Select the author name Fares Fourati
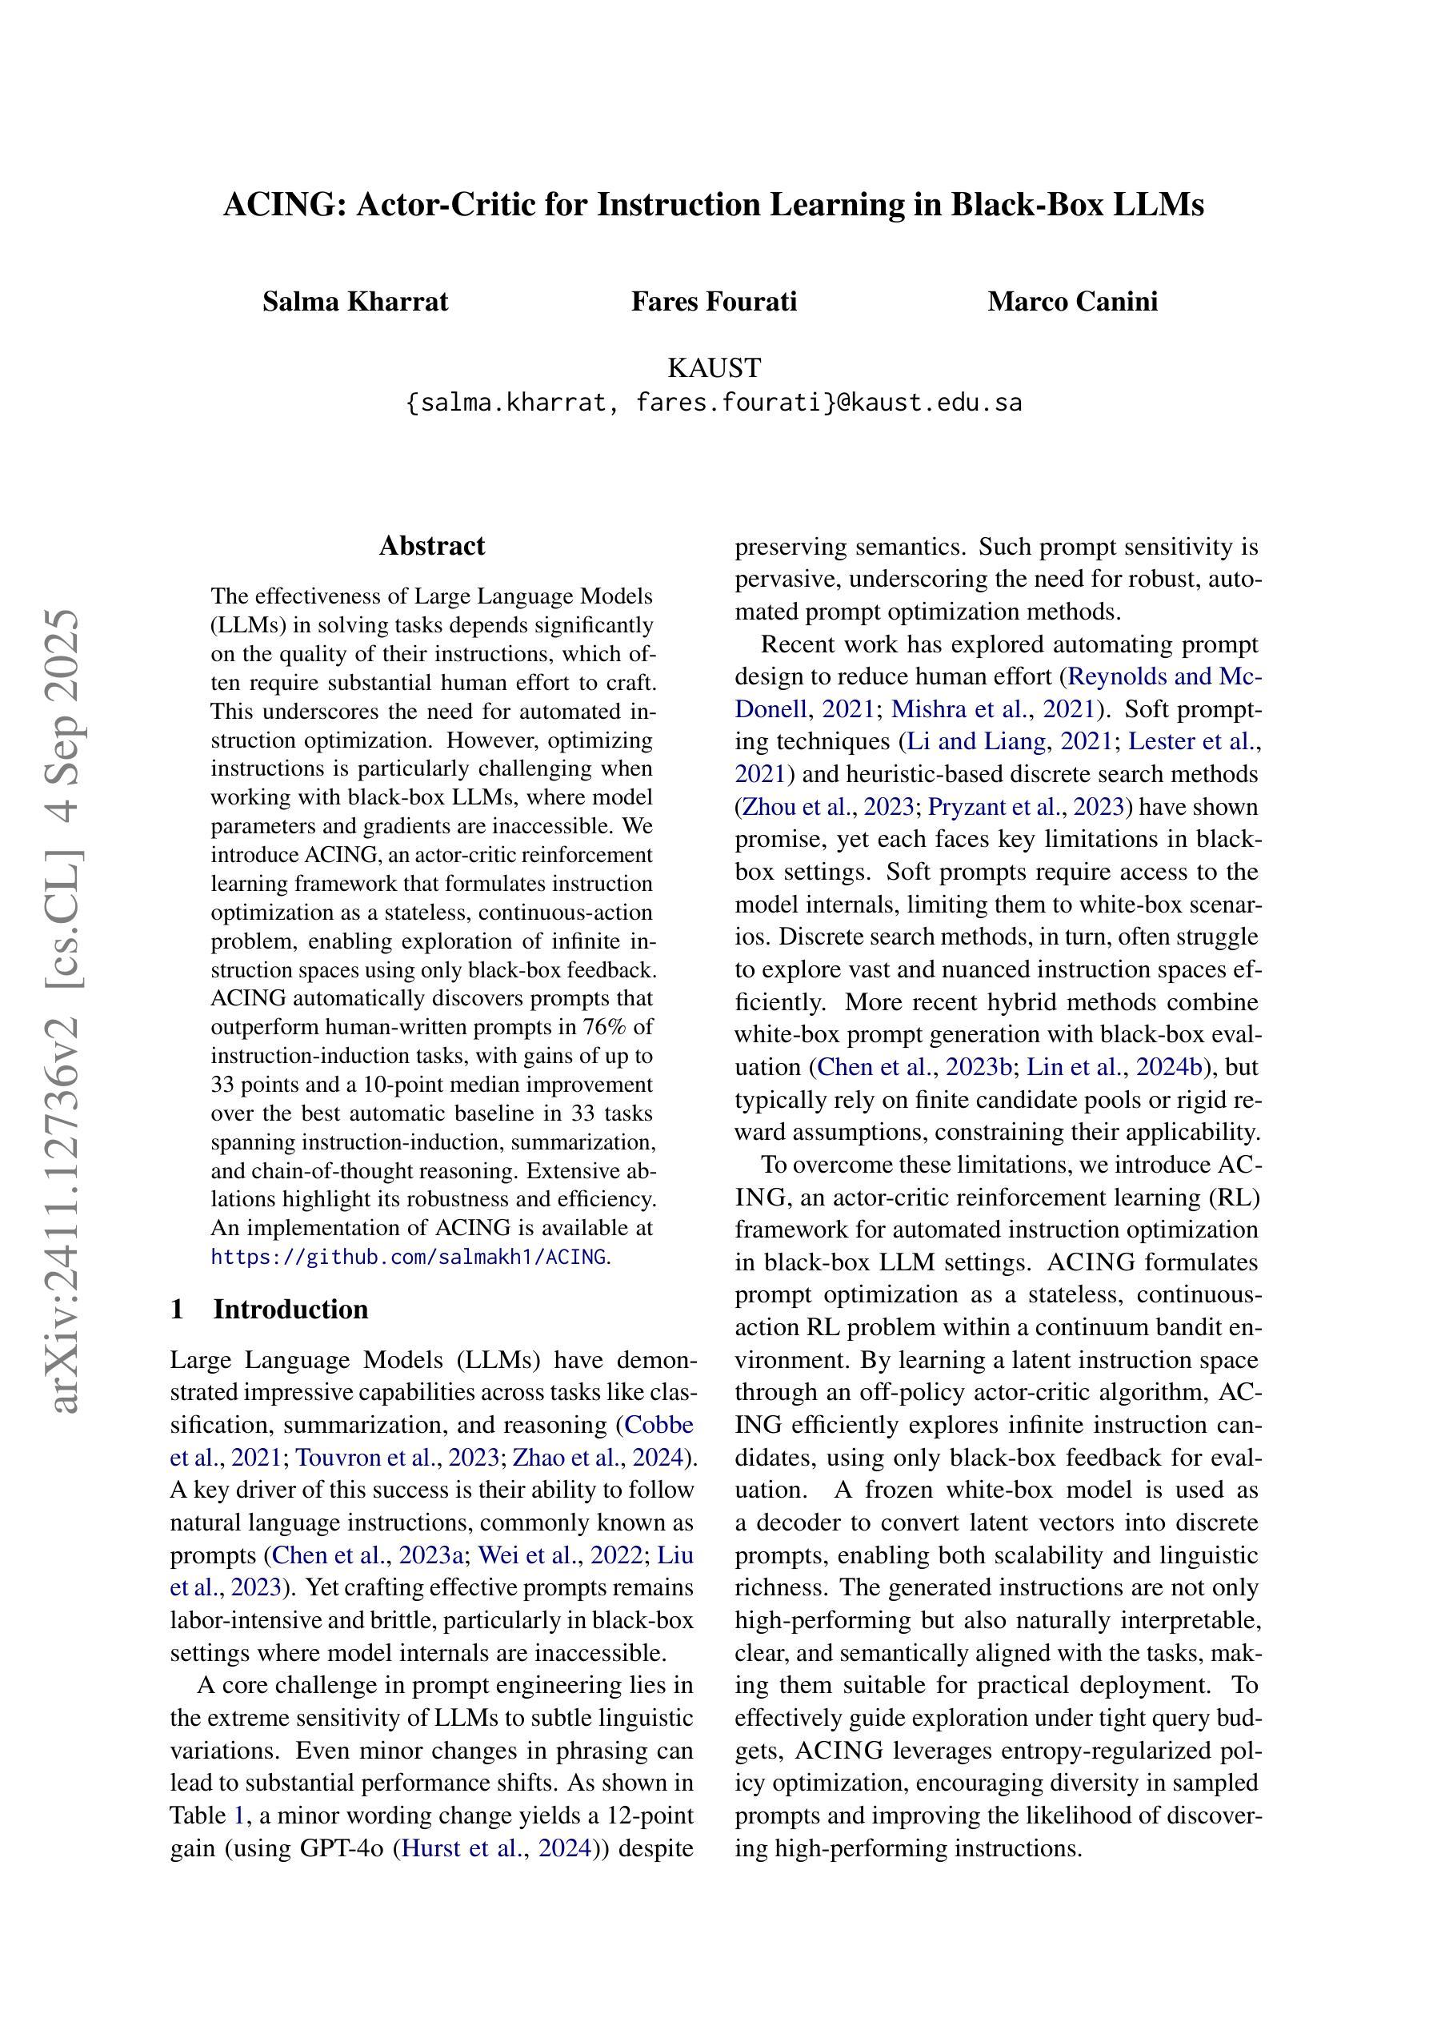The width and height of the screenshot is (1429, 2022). tap(713, 302)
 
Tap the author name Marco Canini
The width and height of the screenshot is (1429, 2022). tap(1071, 302)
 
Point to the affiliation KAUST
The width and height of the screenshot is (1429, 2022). tap(713, 367)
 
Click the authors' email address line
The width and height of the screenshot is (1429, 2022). tap(713, 403)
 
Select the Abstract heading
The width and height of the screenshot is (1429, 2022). tap(431, 546)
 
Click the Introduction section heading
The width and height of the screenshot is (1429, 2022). tap(290, 1310)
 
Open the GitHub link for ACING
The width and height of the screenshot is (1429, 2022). tap(409, 1257)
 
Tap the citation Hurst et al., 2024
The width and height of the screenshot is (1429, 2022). tap(494, 1847)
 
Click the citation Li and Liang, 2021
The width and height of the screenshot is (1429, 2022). tap(1008, 741)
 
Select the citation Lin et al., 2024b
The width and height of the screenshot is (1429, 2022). tap(1115, 1067)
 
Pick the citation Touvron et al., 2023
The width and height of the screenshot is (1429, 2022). tap(397, 1458)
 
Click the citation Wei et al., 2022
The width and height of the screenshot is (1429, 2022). tap(560, 1555)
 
